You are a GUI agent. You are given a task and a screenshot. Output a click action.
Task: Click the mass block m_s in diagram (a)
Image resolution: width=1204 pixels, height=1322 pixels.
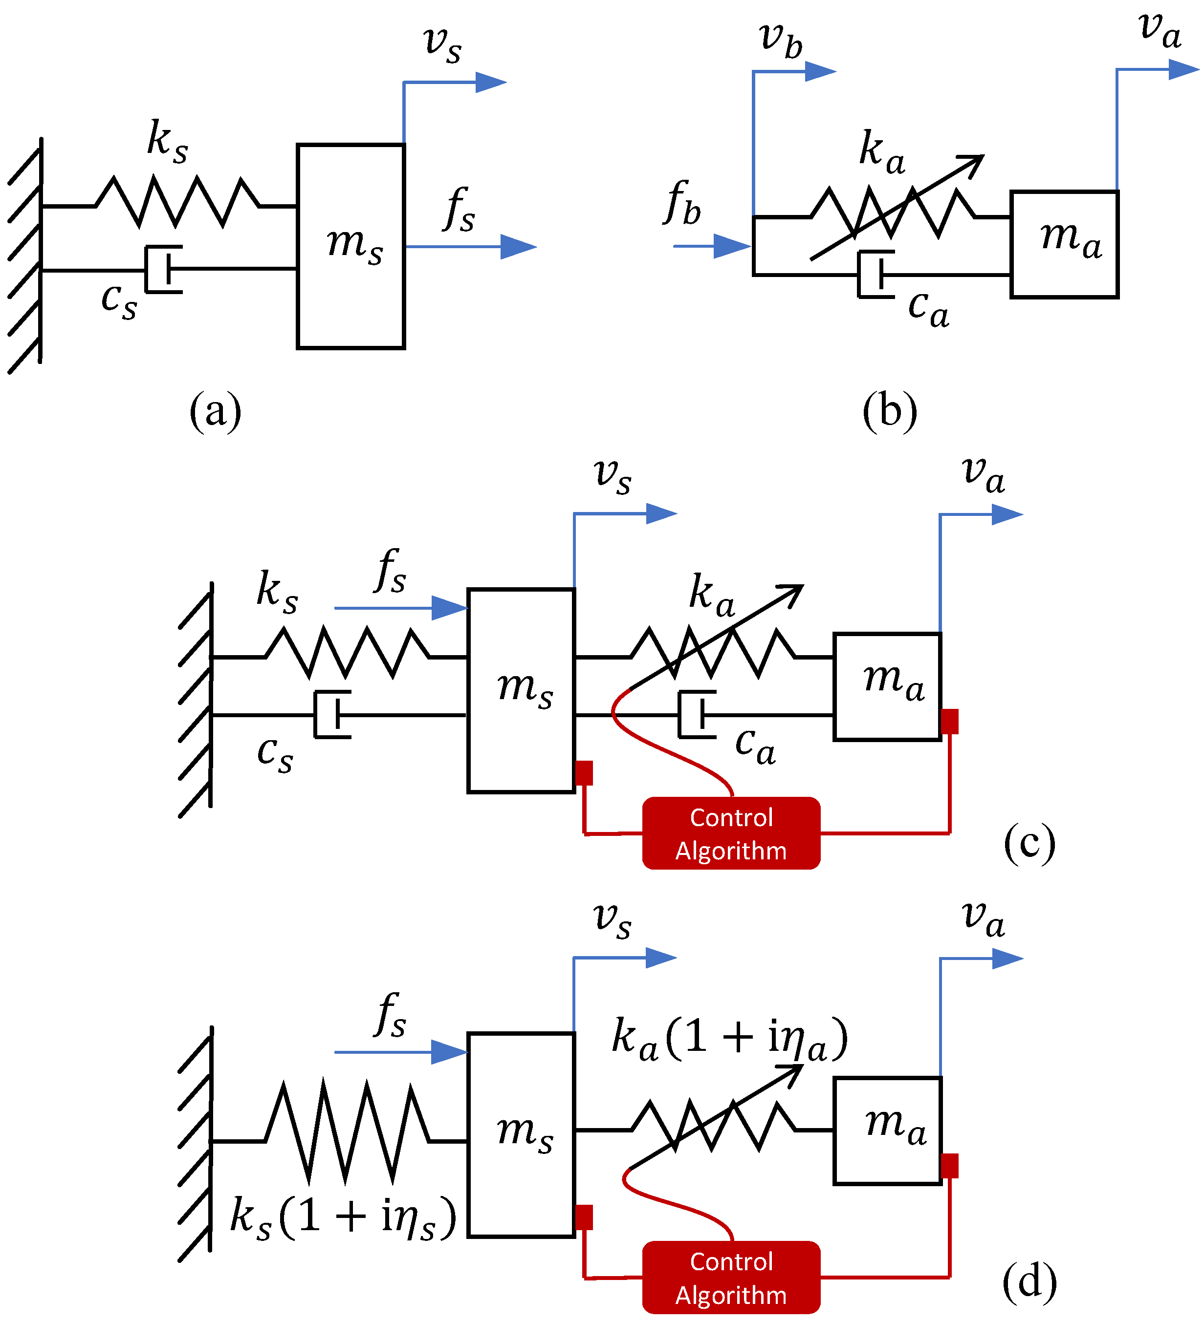coord(350,246)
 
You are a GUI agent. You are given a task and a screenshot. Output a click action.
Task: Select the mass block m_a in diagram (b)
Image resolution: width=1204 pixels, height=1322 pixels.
coord(1064,244)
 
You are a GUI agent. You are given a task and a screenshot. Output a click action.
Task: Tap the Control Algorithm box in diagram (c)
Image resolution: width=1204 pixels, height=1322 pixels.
coord(731,833)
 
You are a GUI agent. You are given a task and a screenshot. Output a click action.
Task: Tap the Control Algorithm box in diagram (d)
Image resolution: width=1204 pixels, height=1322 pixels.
coord(731,1278)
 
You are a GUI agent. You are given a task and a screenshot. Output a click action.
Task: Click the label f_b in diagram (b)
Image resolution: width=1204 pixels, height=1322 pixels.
coord(682,203)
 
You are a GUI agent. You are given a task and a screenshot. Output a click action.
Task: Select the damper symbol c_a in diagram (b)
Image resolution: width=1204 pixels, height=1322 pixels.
coord(876,274)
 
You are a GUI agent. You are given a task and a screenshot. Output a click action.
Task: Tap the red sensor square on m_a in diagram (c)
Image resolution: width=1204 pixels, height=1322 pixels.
coord(949,721)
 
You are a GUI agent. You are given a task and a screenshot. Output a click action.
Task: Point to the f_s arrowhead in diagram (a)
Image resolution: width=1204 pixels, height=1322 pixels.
coord(518,247)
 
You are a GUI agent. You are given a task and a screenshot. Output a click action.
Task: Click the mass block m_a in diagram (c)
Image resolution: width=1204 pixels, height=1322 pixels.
coord(887,686)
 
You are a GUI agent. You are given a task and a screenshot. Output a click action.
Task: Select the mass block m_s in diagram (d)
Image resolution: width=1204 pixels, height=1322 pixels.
coord(521,1134)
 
